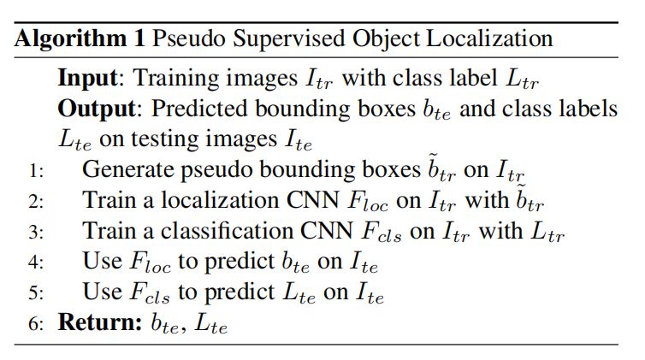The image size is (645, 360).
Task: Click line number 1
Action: (x=35, y=170)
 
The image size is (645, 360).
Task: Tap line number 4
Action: (x=35, y=263)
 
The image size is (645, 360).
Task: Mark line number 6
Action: (x=35, y=325)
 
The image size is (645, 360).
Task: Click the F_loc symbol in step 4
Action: (x=149, y=263)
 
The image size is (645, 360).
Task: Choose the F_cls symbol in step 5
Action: (x=149, y=294)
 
